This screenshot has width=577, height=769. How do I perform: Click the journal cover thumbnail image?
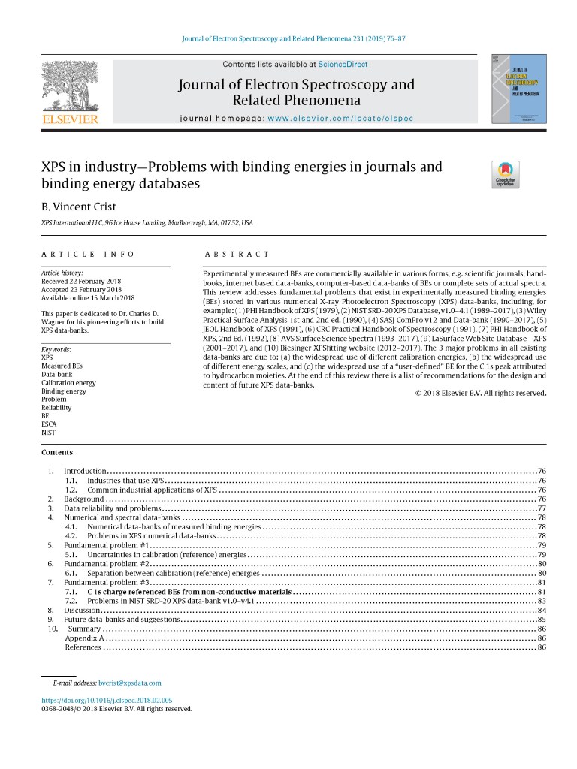(518, 89)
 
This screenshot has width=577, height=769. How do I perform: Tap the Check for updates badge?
(505, 174)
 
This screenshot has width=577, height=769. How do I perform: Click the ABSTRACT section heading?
(237, 255)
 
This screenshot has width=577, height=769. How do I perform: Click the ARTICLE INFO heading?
(88, 255)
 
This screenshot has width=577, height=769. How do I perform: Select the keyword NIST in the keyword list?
(48, 432)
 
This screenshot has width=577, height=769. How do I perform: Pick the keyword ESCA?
(50, 424)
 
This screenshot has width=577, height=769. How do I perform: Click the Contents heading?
(57, 452)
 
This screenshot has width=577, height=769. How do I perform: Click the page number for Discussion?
(542, 611)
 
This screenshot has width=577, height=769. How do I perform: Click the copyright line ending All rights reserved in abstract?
(480, 393)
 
